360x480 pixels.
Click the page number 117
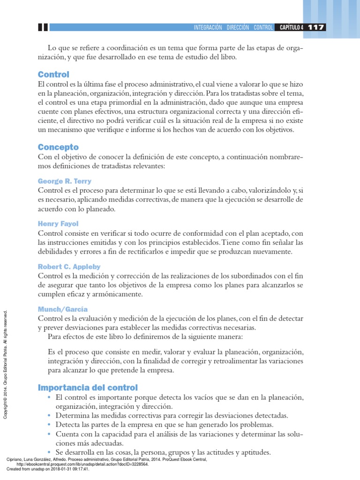pyautogui.click(x=316, y=27)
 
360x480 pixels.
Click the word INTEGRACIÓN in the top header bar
pyautogui.click(x=208, y=28)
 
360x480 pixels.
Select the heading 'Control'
pyautogui.click(x=53, y=75)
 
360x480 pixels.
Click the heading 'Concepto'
pyautogui.click(x=58, y=147)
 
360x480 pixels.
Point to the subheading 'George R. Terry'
pyautogui.click(x=65, y=181)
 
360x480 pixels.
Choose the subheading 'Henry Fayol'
pyautogui.click(x=58, y=224)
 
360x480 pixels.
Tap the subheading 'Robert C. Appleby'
pyautogui.click(x=69, y=267)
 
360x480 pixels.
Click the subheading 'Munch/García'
pyautogui.click(x=63, y=309)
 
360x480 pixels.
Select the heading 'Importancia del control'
pyautogui.click(x=88, y=387)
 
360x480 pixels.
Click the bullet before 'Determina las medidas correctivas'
pyautogui.click(x=50, y=416)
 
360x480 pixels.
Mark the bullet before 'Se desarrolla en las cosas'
pyautogui.click(x=50, y=452)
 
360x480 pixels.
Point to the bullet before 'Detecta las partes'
pyautogui.click(x=50, y=425)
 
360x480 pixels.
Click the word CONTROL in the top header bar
pyautogui.click(x=263, y=28)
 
